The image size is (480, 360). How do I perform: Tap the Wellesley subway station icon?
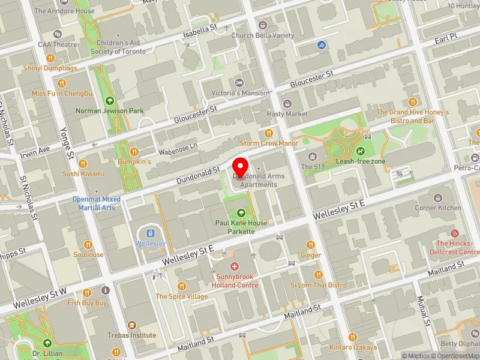tap(150, 233)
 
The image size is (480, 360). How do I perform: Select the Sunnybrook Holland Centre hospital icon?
tap(234, 266)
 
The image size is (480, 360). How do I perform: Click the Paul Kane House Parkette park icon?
tap(241, 212)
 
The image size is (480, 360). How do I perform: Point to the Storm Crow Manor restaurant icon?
tap(269, 133)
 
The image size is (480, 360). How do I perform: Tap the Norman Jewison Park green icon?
tap(110, 100)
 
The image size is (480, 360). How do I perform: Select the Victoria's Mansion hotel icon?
tap(239, 82)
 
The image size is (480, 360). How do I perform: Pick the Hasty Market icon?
tap(287, 103)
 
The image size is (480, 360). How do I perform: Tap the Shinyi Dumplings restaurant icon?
tap(50, 58)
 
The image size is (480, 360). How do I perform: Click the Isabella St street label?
tap(200, 30)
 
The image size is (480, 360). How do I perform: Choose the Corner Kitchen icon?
tap(438, 197)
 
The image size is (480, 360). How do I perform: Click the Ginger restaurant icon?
tap(311, 244)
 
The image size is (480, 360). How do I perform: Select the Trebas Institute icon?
tap(132, 325)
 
